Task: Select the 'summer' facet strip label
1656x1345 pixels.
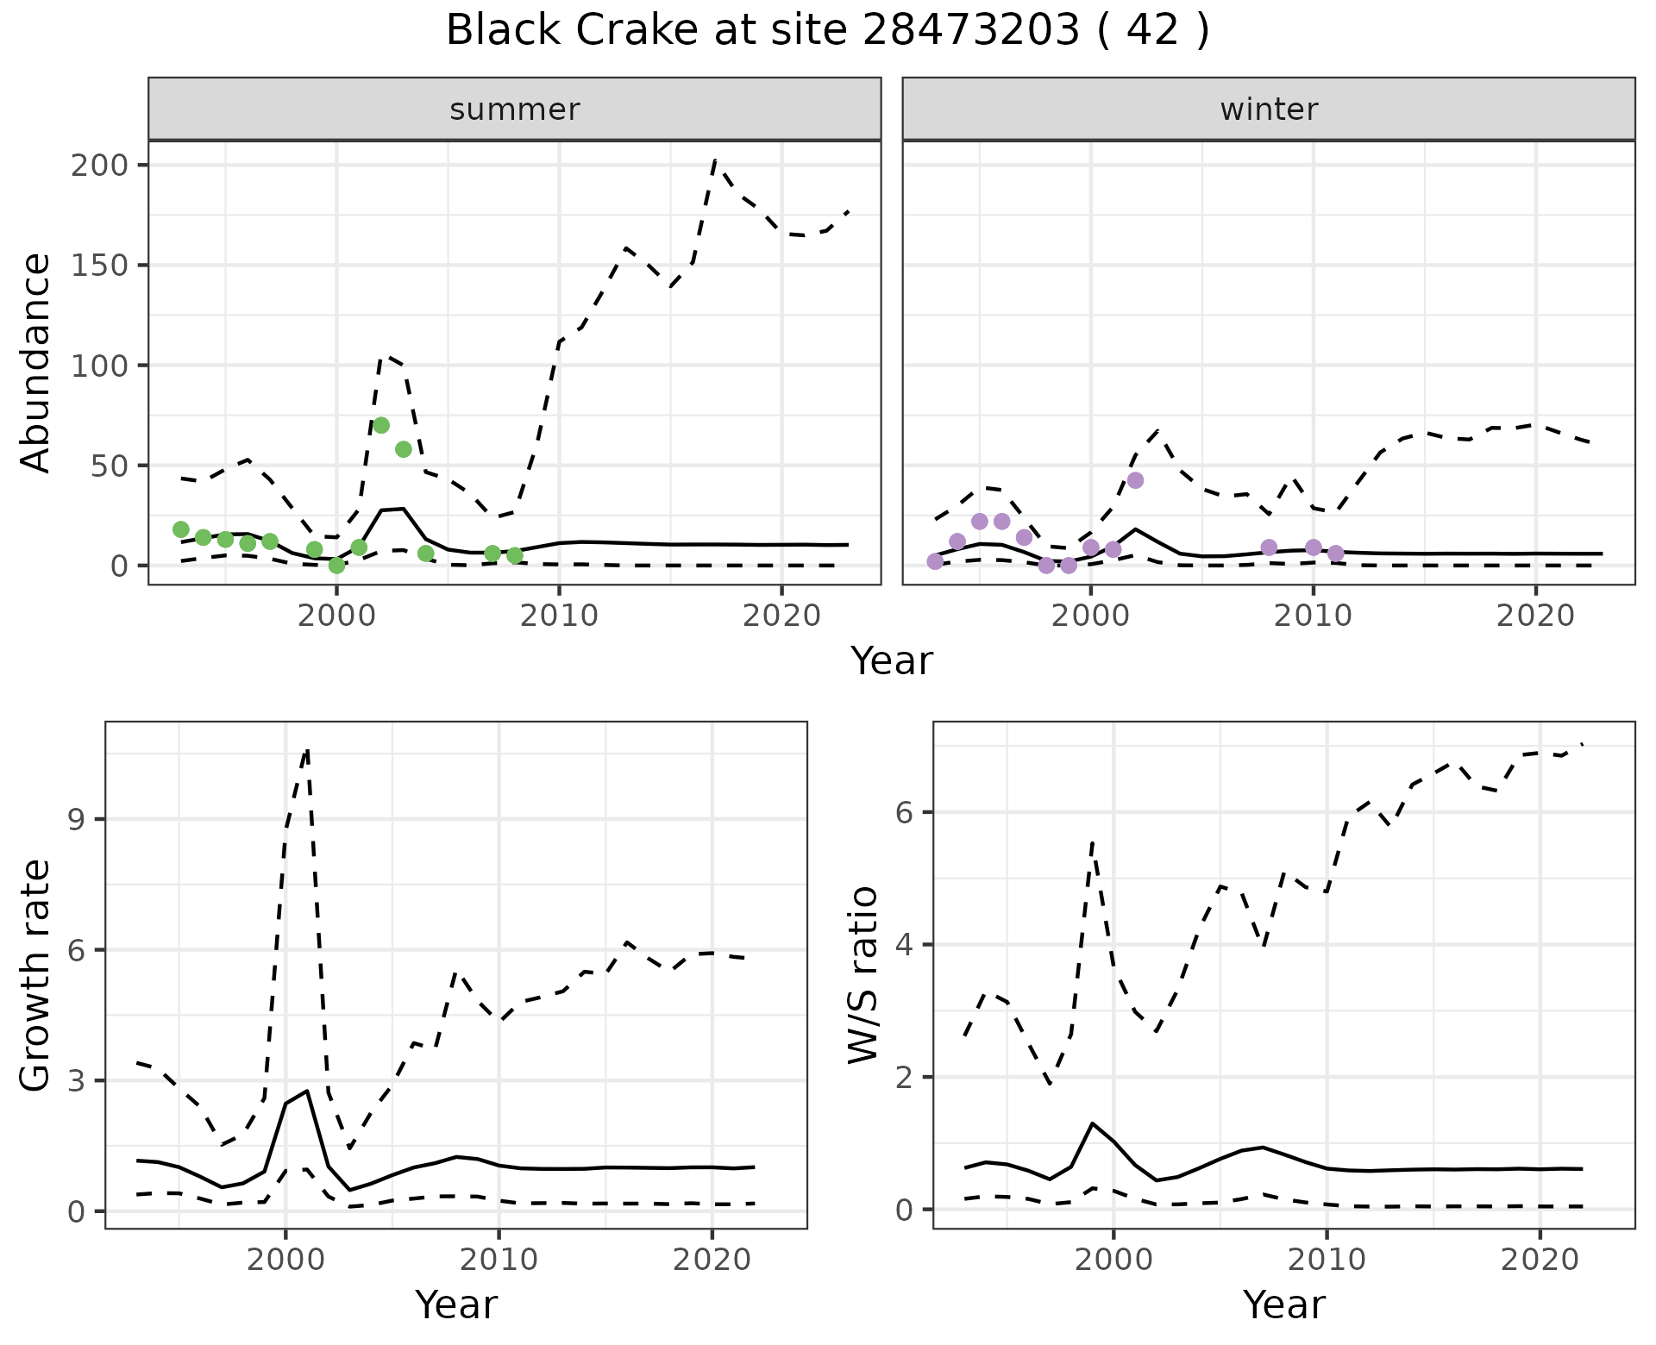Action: pyautogui.click(x=515, y=109)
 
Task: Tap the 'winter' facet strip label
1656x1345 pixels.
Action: pyautogui.click(x=1269, y=109)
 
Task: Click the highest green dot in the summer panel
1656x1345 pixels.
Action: pyautogui.click(x=381, y=425)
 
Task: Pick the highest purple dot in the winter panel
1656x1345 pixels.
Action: pyautogui.click(x=1135, y=480)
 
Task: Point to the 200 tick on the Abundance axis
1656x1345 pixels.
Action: pyautogui.click(x=97, y=165)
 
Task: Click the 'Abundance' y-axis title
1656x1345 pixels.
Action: pyautogui.click(x=36, y=363)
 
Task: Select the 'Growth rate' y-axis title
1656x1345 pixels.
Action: pyautogui.click(x=36, y=976)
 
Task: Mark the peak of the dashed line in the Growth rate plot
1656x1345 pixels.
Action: pyautogui.click(x=307, y=750)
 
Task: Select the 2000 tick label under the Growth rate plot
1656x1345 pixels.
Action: pyautogui.click(x=285, y=1260)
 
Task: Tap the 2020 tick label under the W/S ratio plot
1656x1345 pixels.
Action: pyautogui.click(x=1540, y=1260)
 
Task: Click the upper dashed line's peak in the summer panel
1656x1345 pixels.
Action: pyautogui.click(x=715, y=160)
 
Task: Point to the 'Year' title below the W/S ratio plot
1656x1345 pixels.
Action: pyautogui.click(x=1284, y=1305)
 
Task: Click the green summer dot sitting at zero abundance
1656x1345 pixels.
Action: pyautogui.click(x=336, y=566)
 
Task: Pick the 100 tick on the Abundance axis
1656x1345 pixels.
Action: pyautogui.click(x=97, y=366)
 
